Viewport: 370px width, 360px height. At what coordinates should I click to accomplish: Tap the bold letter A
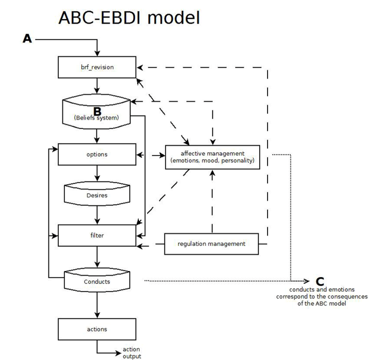28,39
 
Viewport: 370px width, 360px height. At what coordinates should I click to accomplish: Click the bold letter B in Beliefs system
97,111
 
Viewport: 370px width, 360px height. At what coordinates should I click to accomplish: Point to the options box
97,155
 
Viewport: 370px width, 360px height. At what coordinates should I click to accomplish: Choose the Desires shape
97,195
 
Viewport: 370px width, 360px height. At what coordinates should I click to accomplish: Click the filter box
97,235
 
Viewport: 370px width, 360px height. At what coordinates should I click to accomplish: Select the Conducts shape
97,282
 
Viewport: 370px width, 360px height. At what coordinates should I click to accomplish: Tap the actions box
97,329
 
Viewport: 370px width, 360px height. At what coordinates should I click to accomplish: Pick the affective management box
213,157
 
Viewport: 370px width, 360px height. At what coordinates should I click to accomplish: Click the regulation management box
211,244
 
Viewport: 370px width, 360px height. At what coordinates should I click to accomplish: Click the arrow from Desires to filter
97,214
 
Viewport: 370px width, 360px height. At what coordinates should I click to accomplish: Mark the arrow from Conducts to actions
97,305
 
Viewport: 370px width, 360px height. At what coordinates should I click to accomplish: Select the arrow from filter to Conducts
97,256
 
